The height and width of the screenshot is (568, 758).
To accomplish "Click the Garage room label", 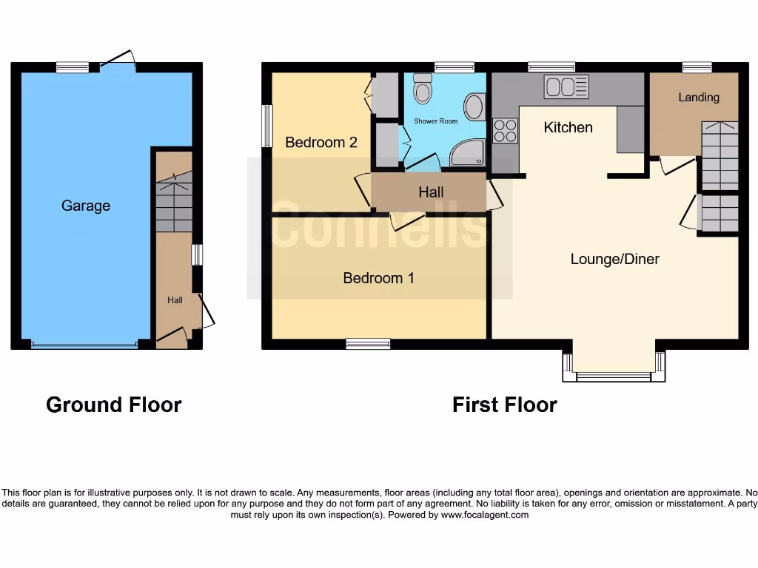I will coord(85,206).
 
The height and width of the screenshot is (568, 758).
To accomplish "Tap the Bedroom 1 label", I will coord(378,278).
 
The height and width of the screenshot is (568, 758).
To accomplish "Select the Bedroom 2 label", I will coord(321,142).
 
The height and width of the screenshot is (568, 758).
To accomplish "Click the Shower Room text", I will coord(435,121).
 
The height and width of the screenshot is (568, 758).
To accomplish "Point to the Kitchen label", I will coord(568,127).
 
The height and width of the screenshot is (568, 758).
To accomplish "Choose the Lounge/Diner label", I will coord(614,259).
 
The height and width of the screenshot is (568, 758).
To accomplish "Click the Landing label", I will coord(698,98).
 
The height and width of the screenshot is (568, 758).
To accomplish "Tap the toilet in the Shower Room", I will coord(423,89).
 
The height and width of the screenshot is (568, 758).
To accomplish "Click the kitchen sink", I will coord(566,87).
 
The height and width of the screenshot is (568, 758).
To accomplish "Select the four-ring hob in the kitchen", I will coord(505,130).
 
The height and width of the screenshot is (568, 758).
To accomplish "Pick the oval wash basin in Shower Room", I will coord(475,106).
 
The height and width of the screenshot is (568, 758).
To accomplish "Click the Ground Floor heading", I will coord(113,405).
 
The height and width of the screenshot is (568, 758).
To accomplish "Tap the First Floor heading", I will coord(504,405).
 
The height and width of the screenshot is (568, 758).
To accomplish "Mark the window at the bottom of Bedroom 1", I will coord(368,343).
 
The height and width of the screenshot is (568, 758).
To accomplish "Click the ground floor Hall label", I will coord(175,300).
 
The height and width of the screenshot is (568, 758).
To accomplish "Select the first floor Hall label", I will coord(431,192).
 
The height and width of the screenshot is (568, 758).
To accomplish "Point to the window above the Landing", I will coord(697,67).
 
